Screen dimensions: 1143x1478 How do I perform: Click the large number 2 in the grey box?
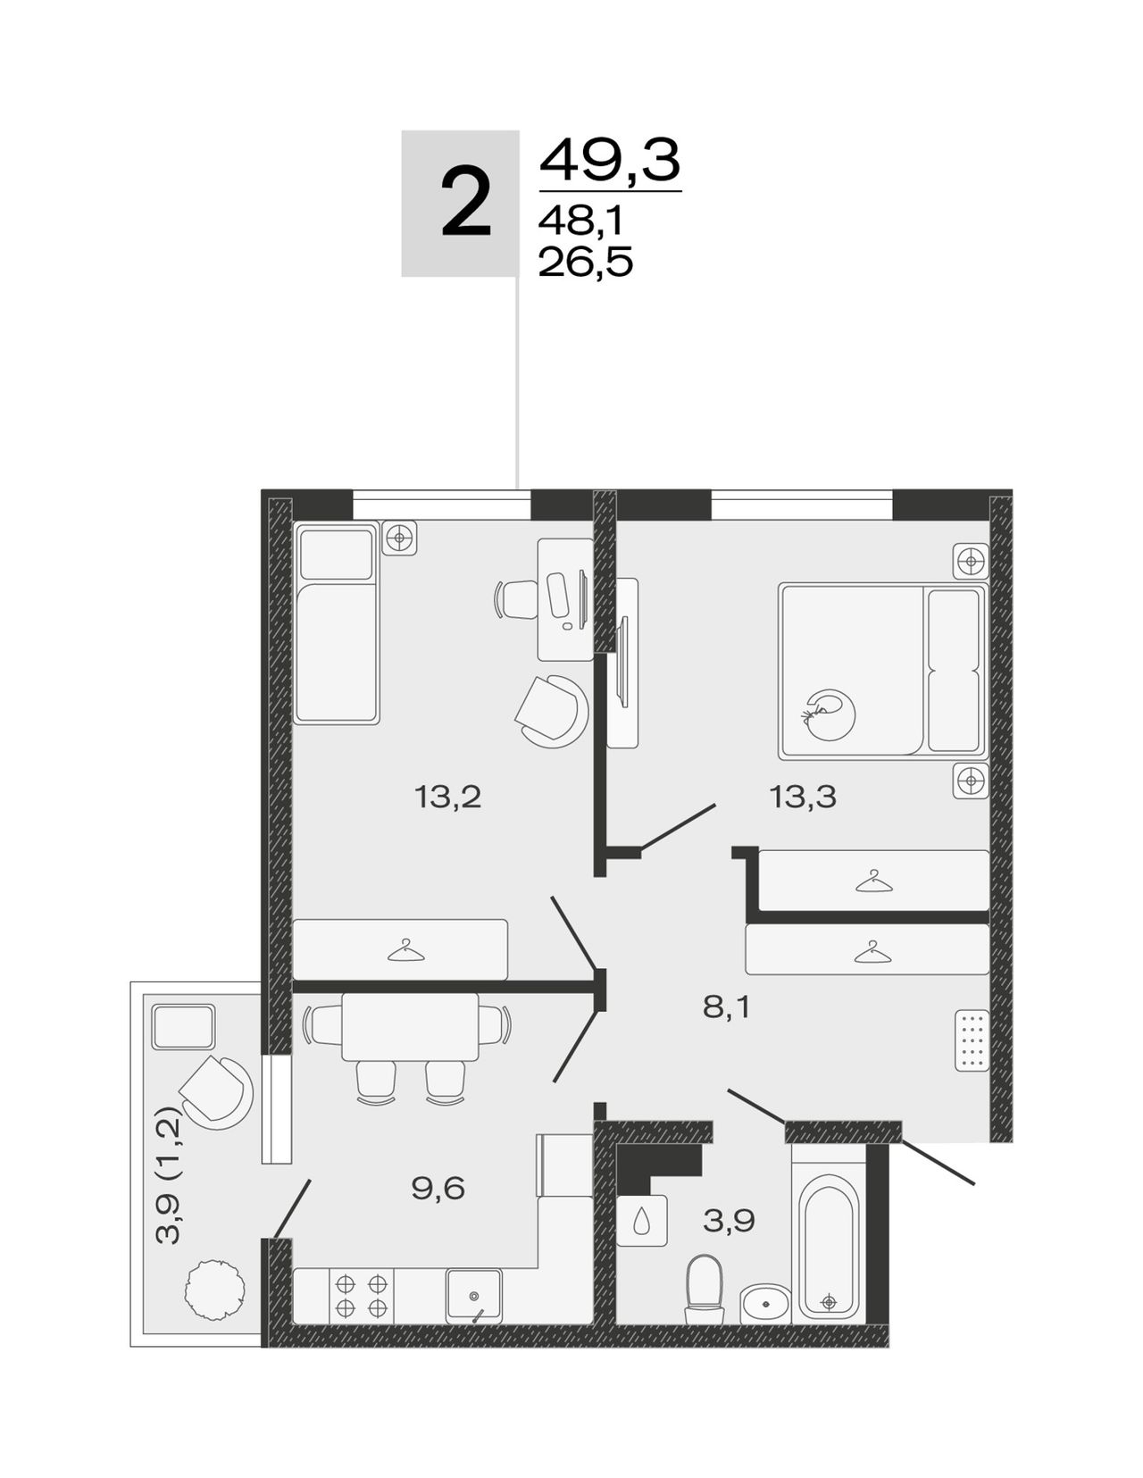[465, 203]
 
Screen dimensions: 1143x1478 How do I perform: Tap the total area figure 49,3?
[610, 160]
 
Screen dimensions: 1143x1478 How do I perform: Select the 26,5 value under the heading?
[585, 262]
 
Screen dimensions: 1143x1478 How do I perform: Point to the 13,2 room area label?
[447, 797]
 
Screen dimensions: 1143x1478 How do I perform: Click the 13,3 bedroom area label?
[803, 797]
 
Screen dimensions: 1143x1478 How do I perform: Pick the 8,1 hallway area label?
[725, 1007]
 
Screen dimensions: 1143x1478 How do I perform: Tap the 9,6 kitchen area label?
[438, 1189]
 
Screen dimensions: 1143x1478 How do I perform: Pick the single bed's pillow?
[337, 555]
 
